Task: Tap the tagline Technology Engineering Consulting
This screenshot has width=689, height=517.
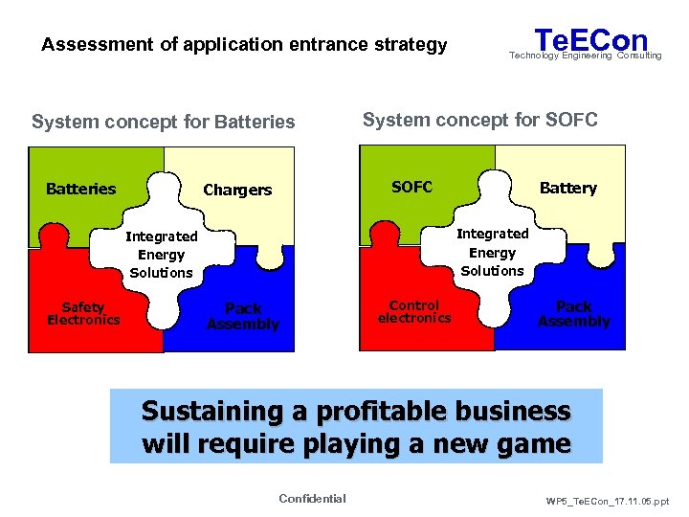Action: tap(585, 56)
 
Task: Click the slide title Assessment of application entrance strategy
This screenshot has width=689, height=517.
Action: tap(244, 44)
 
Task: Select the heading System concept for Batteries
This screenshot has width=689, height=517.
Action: tap(164, 122)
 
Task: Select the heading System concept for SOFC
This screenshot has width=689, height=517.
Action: tap(479, 120)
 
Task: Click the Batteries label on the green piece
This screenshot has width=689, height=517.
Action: tap(80, 189)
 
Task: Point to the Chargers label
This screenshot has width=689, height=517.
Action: tap(237, 190)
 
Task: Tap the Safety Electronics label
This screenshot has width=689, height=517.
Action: tap(83, 313)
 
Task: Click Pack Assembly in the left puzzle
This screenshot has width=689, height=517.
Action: tap(243, 316)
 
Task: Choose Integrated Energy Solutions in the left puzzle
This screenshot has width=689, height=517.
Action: tap(162, 254)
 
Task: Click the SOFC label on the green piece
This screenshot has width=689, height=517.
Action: tap(412, 187)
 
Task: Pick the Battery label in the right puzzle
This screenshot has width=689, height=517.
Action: tap(567, 188)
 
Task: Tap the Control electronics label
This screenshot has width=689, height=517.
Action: tap(414, 311)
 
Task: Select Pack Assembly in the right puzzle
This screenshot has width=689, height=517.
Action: tap(573, 314)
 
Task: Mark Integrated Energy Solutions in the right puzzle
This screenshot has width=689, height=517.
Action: tap(492, 252)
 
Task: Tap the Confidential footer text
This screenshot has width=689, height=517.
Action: tap(312, 498)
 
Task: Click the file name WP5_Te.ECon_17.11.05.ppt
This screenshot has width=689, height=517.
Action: tap(609, 501)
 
